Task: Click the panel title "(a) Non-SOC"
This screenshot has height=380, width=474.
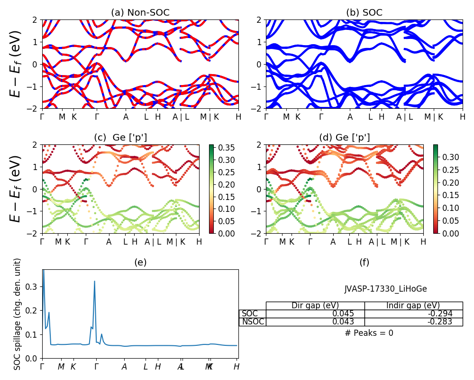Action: [140, 13]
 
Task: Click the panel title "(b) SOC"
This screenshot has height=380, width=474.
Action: [364, 13]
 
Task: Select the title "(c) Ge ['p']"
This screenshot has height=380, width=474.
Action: [120, 137]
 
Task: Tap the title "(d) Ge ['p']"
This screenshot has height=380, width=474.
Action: [345, 137]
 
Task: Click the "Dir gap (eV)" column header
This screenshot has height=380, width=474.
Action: [315, 305]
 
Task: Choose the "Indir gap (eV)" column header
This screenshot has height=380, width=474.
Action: [413, 305]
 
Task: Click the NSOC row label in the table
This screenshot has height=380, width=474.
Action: [253, 322]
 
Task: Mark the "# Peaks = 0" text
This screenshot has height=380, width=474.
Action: [369, 333]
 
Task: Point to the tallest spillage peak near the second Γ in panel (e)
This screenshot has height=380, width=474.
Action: [95, 281]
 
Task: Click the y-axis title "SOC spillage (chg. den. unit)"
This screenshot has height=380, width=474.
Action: [18, 314]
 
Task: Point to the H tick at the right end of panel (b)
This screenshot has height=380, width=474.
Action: [463, 116]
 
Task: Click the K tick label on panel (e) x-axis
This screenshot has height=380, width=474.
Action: [73, 367]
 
